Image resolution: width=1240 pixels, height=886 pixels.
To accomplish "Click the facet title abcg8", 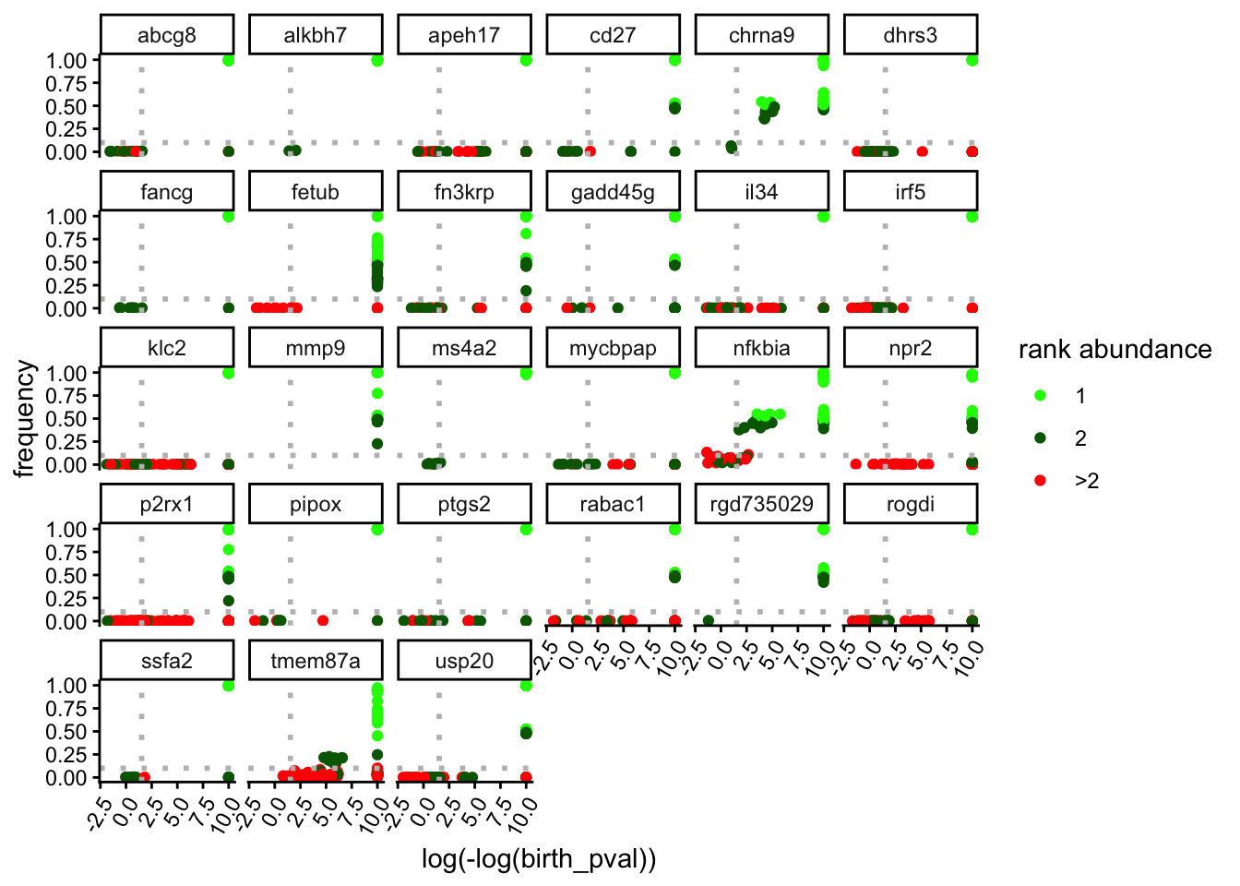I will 167,36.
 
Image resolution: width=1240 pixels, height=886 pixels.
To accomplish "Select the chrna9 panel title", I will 761,36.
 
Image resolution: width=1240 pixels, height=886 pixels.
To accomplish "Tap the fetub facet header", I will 316,192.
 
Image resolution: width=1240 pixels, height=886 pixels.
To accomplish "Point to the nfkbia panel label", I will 761,348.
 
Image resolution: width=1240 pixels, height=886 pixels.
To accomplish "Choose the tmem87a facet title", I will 316,661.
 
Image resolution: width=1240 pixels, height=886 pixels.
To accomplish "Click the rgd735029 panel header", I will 761,504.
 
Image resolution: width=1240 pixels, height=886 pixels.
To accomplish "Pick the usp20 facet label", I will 464,661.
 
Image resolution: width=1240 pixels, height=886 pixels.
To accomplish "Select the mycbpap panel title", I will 613,348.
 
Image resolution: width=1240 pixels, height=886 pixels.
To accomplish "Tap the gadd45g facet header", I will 613,192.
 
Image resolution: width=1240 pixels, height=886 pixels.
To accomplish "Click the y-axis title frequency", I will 25,418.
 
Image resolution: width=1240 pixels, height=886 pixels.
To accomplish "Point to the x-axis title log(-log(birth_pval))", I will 539,859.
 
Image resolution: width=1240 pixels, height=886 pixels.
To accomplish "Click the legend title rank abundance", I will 1115,349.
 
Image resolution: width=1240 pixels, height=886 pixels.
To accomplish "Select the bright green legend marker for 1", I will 1041,395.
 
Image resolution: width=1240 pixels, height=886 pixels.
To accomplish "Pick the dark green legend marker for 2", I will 1041,437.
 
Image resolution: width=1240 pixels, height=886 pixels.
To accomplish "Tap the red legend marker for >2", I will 1041,480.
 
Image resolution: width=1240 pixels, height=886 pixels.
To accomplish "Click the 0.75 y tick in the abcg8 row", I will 66,83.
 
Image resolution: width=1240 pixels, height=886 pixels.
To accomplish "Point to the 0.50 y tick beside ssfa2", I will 66,732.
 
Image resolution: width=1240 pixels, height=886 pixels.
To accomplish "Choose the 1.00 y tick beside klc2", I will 66,373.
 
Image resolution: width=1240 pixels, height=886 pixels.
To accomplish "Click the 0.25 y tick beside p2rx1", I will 66,598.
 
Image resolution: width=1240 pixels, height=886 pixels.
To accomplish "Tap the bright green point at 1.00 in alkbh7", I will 377,60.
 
